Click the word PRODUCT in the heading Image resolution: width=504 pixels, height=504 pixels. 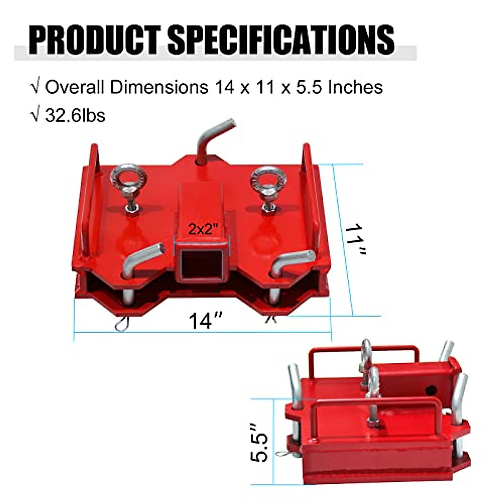tap(94, 40)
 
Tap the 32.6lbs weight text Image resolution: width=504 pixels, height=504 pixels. tap(75, 115)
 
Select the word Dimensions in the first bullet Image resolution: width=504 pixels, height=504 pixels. tap(159, 87)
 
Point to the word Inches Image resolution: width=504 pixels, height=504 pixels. tap(355, 87)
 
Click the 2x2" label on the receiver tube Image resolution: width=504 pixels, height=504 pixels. tap(204, 229)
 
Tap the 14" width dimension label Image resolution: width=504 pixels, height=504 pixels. tap(205, 321)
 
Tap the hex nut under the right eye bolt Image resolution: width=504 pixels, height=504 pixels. tap(267, 207)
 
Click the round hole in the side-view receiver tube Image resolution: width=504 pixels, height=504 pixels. tap(430, 390)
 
